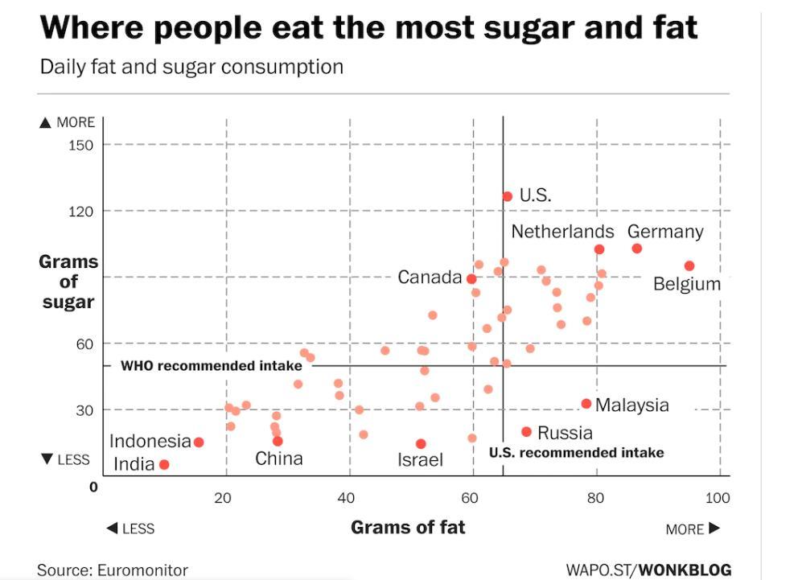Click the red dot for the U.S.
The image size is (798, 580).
(x=507, y=196)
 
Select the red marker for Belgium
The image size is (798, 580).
(x=689, y=266)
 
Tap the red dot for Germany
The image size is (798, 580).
(x=636, y=249)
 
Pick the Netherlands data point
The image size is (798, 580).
(x=599, y=249)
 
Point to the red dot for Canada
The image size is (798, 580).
(x=471, y=279)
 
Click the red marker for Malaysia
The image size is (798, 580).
(x=586, y=404)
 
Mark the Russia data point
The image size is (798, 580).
(x=527, y=432)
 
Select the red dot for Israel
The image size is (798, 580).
(x=421, y=444)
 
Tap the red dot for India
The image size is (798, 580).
(x=164, y=464)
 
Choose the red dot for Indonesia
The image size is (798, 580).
(x=199, y=442)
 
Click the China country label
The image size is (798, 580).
(x=279, y=459)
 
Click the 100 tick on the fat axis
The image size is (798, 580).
(x=718, y=499)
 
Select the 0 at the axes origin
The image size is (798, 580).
(x=93, y=487)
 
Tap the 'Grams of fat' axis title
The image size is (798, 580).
(x=408, y=528)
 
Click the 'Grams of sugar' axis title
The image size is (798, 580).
(x=68, y=282)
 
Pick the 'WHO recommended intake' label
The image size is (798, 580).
(x=211, y=366)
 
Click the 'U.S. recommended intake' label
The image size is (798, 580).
(x=576, y=453)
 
